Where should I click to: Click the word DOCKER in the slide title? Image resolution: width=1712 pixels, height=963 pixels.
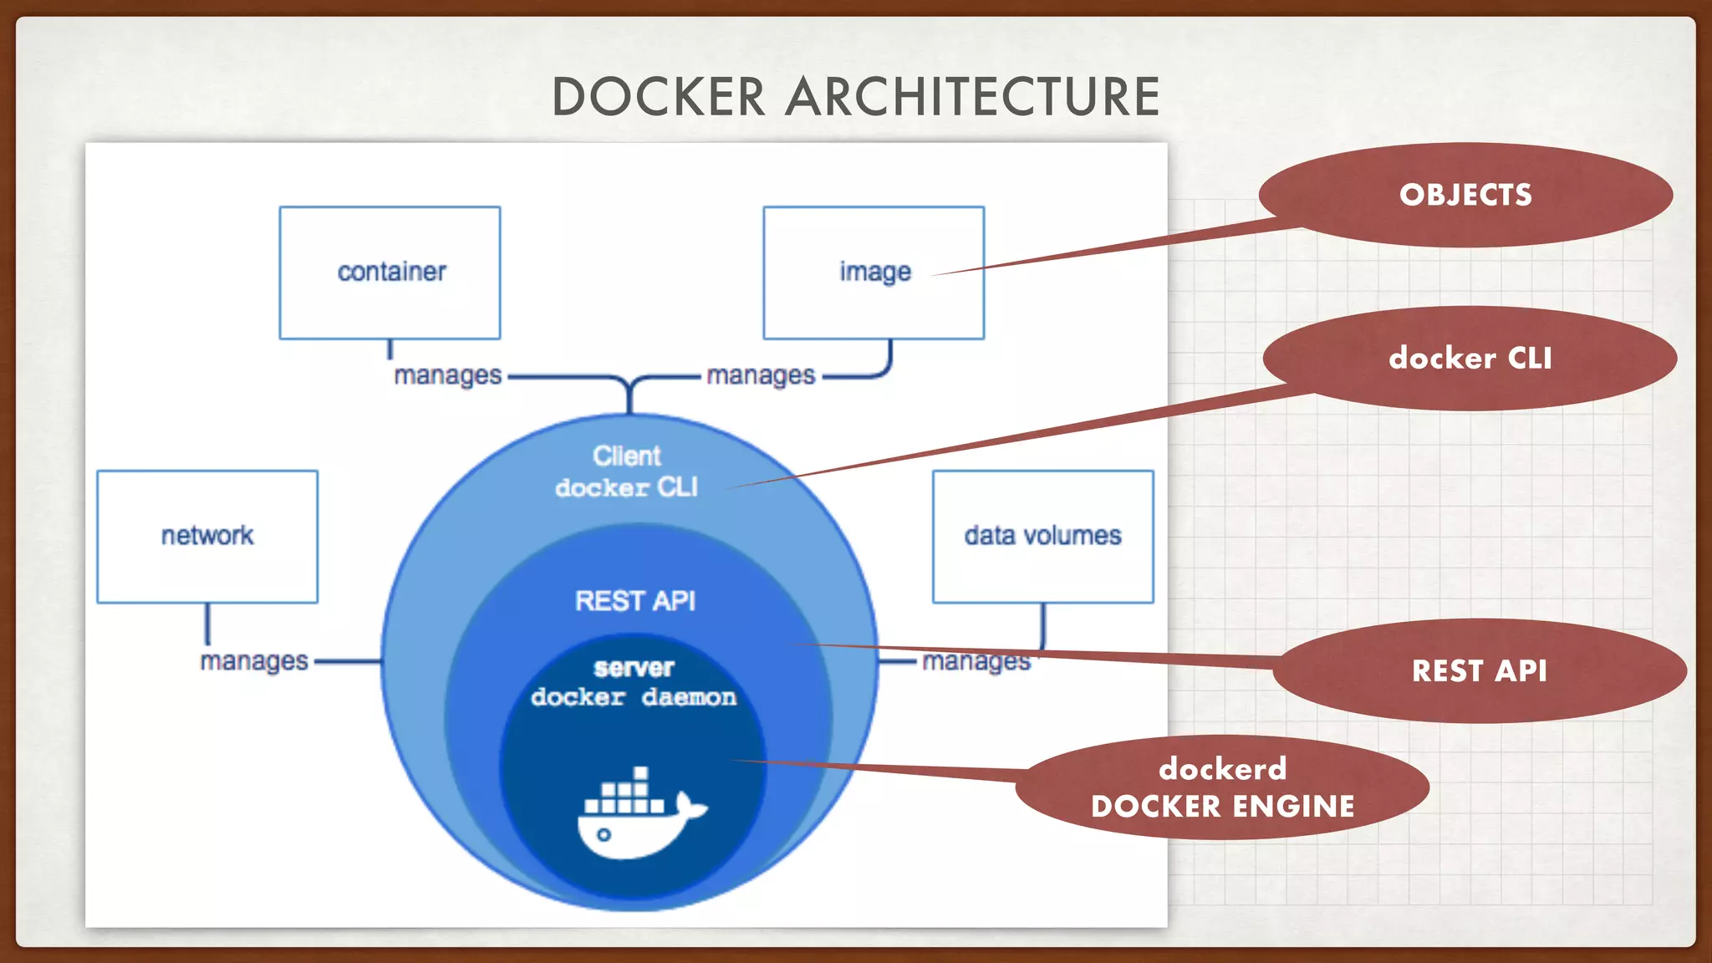[x=658, y=97]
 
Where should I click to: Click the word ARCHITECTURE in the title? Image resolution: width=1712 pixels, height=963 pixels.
[x=972, y=97]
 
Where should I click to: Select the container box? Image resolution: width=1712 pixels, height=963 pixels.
[x=390, y=273]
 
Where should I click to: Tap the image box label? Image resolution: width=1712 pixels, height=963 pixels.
[x=874, y=272]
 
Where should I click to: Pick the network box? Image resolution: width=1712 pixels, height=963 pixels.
[x=206, y=536]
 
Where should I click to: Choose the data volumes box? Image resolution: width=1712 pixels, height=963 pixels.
[x=1042, y=536]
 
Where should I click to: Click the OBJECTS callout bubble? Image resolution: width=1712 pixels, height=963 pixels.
[x=1465, y=195]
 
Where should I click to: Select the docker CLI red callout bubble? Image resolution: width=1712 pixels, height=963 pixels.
[x=1470, y=358]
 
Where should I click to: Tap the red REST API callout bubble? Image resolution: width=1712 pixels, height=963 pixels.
[x=1479, y=670]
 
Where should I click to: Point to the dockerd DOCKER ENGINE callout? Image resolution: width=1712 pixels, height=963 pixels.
[x=1222, y=787]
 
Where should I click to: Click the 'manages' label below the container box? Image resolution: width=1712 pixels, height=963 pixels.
[x=447, y=375]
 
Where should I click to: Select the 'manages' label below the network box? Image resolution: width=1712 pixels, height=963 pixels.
[x=254, y=661]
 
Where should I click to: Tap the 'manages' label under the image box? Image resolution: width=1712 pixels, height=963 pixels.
[x=760, y=375]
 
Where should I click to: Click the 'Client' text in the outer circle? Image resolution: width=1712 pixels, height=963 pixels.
[x=626, y=456]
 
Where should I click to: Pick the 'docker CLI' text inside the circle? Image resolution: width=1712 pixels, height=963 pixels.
[x=626, y=487]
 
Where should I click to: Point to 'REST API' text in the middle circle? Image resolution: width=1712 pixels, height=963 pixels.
[x=634, y=600]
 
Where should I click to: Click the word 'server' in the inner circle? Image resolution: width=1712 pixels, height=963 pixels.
[x=634, y=668]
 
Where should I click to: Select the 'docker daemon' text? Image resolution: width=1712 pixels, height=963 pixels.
[x=634, y=697]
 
